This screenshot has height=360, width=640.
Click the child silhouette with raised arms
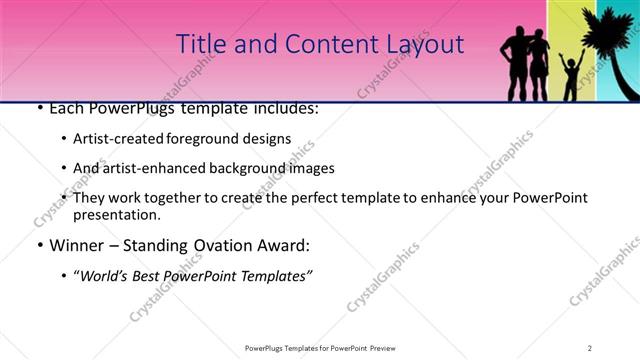coord(571,76)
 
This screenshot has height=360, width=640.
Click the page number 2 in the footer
coord(590,347)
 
